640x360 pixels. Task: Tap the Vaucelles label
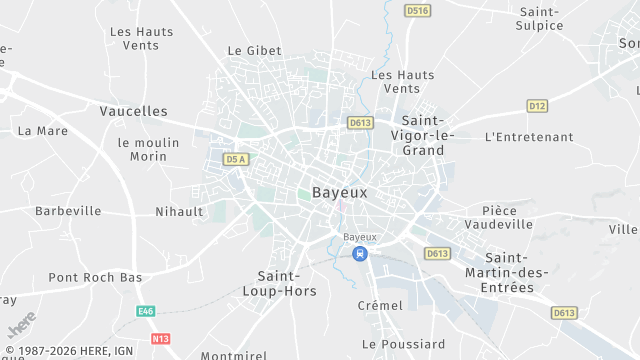(x=134, y=111)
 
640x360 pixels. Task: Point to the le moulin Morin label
(x=148, y=149)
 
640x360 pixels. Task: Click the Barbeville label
(x=68, y=211)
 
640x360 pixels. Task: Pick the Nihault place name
(x=179, y=212)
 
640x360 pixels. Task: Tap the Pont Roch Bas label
(x=95, y=277)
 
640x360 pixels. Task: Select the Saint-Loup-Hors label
(x=287, y=283)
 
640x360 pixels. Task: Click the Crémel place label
(x=380, y=305)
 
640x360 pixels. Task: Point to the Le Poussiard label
(x=403, y=344)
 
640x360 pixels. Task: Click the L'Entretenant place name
(x=528, y=137)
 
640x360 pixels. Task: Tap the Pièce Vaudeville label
(x=507, y=218)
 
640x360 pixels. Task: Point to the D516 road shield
(x=418, y=10)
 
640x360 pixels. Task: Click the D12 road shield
(x=538, y=106)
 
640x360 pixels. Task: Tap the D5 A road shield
(x=236, y=159)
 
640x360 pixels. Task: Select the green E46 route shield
(x=147, y=312)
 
